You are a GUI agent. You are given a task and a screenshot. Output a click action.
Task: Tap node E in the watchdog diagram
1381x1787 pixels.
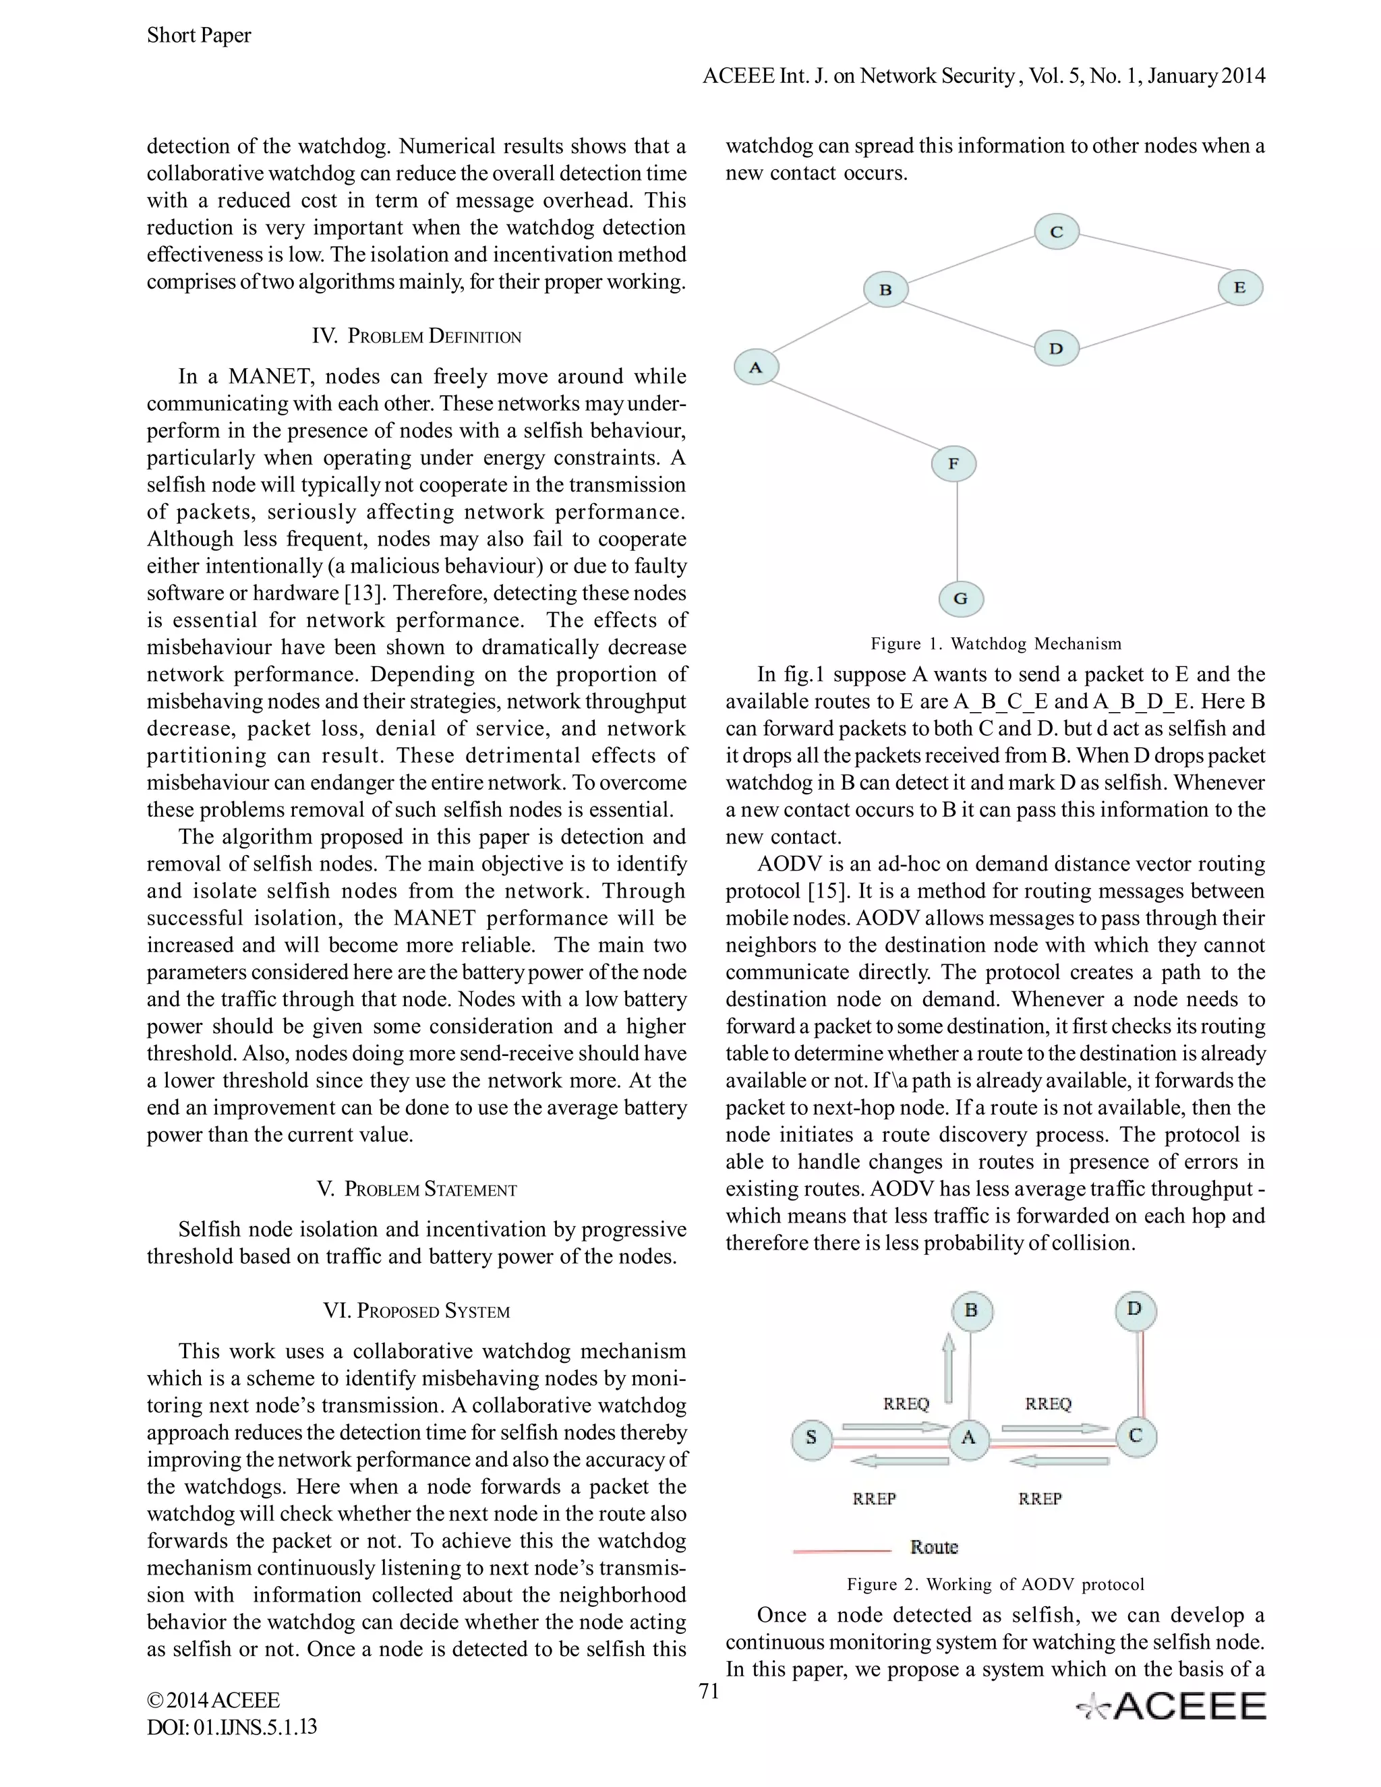pos(1239,288)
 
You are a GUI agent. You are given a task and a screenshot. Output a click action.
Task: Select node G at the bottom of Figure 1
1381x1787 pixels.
pos(960,598)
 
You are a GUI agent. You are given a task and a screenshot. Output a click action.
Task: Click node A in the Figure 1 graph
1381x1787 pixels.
pos(756,368)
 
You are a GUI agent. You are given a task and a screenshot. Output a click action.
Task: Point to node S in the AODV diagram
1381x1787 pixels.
pos(812,1438)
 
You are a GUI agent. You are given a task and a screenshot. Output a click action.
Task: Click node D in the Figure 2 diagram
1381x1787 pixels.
pos(1134,1309)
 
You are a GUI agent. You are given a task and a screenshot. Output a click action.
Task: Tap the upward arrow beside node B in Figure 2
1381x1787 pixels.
pos(948,1368)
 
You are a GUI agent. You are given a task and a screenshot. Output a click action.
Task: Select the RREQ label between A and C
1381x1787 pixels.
pos(1048,1404)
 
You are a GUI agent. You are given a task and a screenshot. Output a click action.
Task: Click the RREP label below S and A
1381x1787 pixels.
pos(875,1498)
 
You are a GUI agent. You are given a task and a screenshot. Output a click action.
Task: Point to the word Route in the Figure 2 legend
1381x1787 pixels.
pos(933,1546)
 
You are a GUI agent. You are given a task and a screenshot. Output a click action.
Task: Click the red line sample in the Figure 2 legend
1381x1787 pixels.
pos(842,1550)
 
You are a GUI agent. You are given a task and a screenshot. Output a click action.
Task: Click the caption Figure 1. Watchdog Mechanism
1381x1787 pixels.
pos(996,644)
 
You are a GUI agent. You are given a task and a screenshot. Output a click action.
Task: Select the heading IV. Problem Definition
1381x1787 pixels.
pos(417,336)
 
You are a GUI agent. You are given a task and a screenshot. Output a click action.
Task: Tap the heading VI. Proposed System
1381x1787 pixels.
pos(417,1311)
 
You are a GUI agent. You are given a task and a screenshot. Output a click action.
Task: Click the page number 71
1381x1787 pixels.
pos(709,1691)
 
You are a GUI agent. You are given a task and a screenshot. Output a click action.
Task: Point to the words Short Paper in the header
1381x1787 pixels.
pos(199,35)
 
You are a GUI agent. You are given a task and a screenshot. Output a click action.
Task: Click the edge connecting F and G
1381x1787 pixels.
pos(956,532)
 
